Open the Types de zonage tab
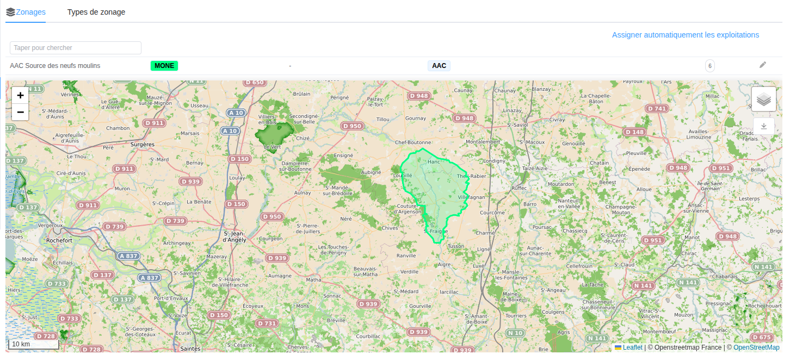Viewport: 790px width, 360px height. (96, 12)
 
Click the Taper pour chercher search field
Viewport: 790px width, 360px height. (76, 48)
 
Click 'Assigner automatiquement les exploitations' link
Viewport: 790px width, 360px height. (685, 35)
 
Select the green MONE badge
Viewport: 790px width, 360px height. (164, 66)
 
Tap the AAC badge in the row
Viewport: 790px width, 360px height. (439, 66)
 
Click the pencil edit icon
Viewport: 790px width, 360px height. (762, 65)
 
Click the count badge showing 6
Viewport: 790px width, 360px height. (709, 66)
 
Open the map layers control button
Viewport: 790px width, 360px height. (764, 100)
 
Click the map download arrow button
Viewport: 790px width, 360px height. (764, 126)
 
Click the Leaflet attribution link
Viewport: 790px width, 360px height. (632, 347)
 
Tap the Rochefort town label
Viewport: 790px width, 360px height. (60, 240)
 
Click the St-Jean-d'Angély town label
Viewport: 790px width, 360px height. (235, 236)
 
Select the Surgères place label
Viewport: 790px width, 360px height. (143, 144)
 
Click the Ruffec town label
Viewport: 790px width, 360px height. (520, 188)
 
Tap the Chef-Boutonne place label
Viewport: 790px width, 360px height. (413, 142)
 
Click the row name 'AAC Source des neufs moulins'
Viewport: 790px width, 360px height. (55, 66)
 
